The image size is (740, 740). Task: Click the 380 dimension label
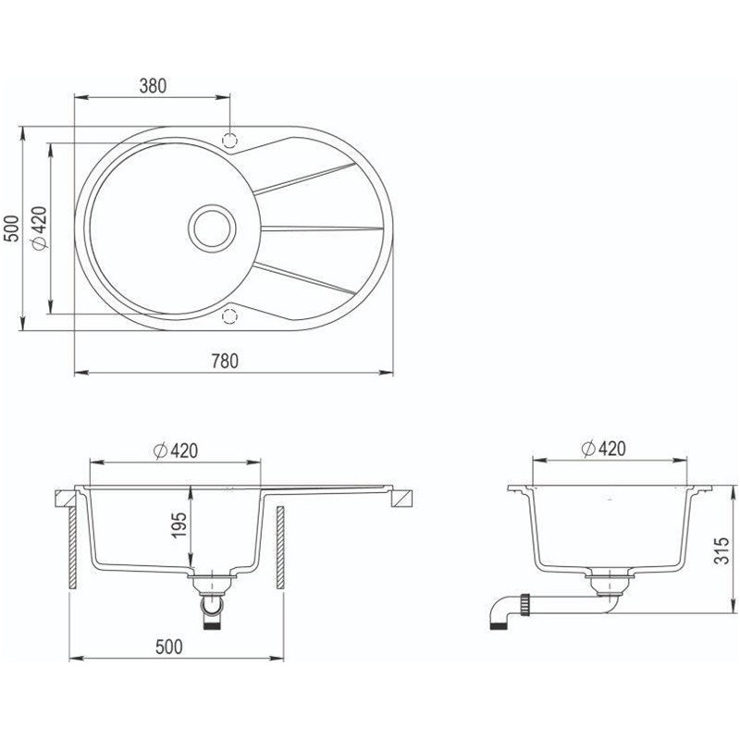click(153, 86)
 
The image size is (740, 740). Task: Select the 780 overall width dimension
click(225, 361)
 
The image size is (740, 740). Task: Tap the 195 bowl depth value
click(179, 525)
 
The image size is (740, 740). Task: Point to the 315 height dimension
click(722, 550)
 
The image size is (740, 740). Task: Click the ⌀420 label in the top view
click(39, 228)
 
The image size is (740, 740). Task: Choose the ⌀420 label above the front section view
click(176, 451)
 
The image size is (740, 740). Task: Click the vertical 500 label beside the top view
click(11, 228)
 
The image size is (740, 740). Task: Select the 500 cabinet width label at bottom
click(168, 647)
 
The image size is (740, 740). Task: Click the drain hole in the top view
click(212, 228)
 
